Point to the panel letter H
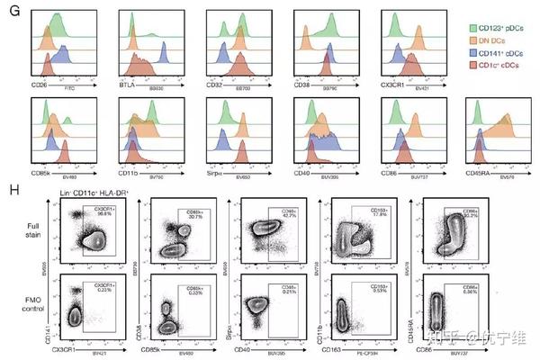click(x=12, y=190)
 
